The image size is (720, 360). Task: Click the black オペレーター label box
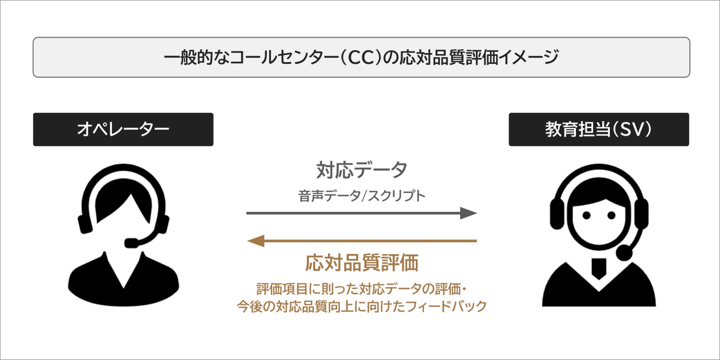pyautogui.click(x=123, y=129)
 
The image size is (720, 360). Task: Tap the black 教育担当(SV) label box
pyautogui.click(x=599, y=129)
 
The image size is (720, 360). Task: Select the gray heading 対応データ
pyautogui.click(x=361, y=170)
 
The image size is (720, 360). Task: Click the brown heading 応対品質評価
pyautogui.click(x=361, y=263)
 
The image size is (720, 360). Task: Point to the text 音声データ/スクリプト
pyautogui.click(x=361, y=196)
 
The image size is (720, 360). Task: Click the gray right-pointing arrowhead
pyautogui.click(x=468, y=213)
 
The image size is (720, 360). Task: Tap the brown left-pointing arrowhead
pyautogui.click(x=256, y=241)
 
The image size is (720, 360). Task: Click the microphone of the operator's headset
pyautogui.click(x=131, y=243)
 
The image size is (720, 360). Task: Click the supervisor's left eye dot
pyautogui.click(x=586, y=215)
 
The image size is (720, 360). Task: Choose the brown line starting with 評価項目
pyautogui.click(x=361, y=289)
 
